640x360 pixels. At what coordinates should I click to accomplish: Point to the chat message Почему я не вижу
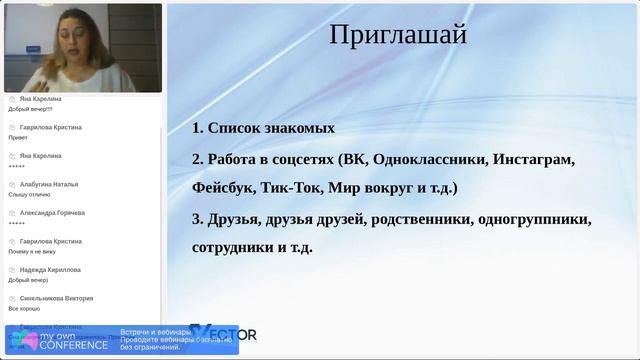[31, 251]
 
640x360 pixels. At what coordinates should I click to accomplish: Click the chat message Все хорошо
[23, 308]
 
